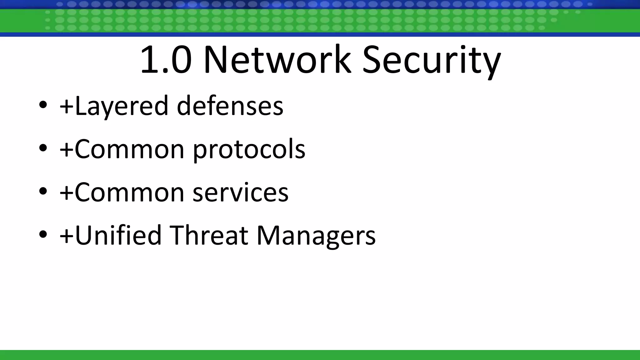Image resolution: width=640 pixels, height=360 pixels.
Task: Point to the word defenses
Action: click(x=230, y=106)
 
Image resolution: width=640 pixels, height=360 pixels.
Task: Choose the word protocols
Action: click(x=249, y=149)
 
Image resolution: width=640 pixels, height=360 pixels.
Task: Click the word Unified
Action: click(x=118, y=235)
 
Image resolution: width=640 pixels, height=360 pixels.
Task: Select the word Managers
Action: click(x=316, y=236)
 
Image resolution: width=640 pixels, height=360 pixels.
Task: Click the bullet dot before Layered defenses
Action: click(x=43, y=105)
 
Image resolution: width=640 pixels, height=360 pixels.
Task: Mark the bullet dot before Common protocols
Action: click(x=43, y=148)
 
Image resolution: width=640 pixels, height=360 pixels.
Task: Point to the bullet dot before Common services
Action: click(x=43, y=191)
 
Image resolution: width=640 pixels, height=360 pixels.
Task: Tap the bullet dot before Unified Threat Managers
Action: click(x=43, y=234)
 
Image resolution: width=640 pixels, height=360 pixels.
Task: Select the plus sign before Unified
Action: click(x=67, y=236)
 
